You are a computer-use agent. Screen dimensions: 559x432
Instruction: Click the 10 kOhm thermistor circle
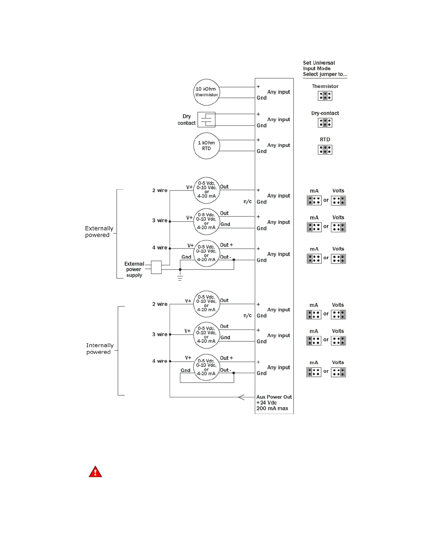206,92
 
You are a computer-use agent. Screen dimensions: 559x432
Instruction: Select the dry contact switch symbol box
206,120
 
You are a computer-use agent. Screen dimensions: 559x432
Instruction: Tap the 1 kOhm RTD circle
206,146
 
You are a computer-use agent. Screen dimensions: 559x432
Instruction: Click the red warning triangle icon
95,472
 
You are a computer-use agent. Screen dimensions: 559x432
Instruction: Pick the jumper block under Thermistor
325,96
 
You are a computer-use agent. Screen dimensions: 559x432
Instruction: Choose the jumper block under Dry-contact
325,123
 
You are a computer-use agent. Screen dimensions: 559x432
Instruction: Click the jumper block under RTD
325,150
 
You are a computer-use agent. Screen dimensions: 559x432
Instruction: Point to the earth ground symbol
180,278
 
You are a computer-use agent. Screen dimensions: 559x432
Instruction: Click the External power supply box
156,267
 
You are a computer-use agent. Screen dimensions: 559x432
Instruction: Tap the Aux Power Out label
274,397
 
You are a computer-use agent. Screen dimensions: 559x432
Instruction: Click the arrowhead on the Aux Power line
241,397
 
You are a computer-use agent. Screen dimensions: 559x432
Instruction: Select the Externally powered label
99,232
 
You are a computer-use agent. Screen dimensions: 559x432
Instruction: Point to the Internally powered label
100,349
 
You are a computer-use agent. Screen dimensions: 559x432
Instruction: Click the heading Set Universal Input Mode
319,66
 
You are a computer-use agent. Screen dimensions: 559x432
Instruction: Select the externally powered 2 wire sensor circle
206,190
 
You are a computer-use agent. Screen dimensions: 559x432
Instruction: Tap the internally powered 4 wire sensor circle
206,367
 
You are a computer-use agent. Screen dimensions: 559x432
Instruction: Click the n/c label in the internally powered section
247,315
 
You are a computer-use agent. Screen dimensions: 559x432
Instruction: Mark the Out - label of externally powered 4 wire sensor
226,257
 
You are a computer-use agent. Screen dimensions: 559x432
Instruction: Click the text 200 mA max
272,409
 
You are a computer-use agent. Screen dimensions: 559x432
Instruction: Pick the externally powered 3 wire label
160,221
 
